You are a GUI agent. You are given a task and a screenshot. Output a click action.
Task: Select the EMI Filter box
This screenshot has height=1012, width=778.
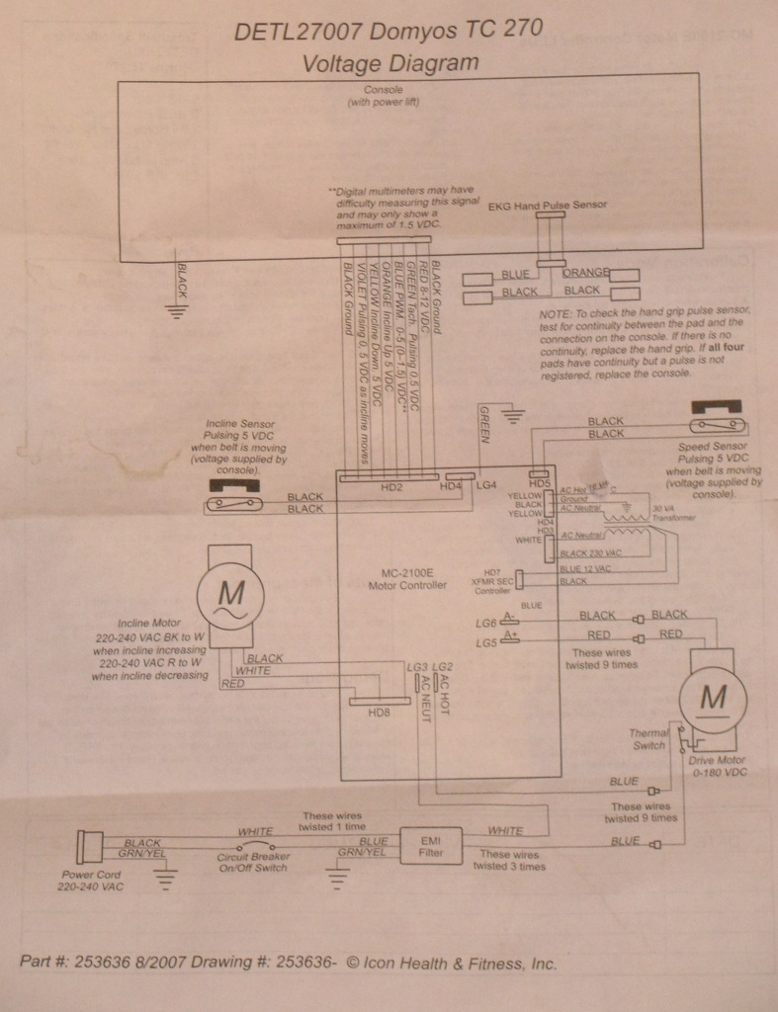430,847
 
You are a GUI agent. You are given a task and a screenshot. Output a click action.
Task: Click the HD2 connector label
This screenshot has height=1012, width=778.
391,487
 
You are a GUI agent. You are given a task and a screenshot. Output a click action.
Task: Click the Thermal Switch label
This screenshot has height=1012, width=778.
649,738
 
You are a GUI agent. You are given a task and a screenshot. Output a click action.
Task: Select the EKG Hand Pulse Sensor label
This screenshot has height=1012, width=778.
549,206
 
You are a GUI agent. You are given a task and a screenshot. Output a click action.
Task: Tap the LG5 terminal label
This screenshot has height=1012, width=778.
484,643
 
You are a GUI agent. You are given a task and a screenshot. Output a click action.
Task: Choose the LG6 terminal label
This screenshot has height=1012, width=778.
484,623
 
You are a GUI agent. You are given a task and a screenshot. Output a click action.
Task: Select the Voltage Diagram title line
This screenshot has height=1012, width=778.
389,63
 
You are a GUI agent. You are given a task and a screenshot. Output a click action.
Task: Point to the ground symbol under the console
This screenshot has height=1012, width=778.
178,312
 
